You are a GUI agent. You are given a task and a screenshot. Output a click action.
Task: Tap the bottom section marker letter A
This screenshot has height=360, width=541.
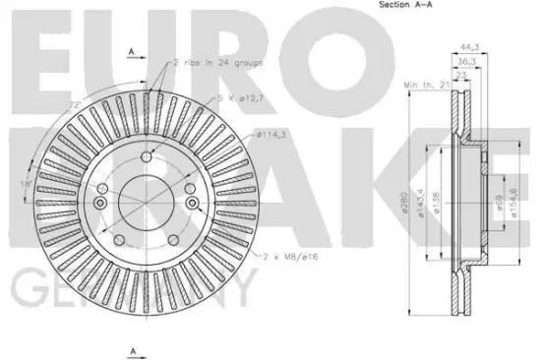[x=131, y=349]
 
